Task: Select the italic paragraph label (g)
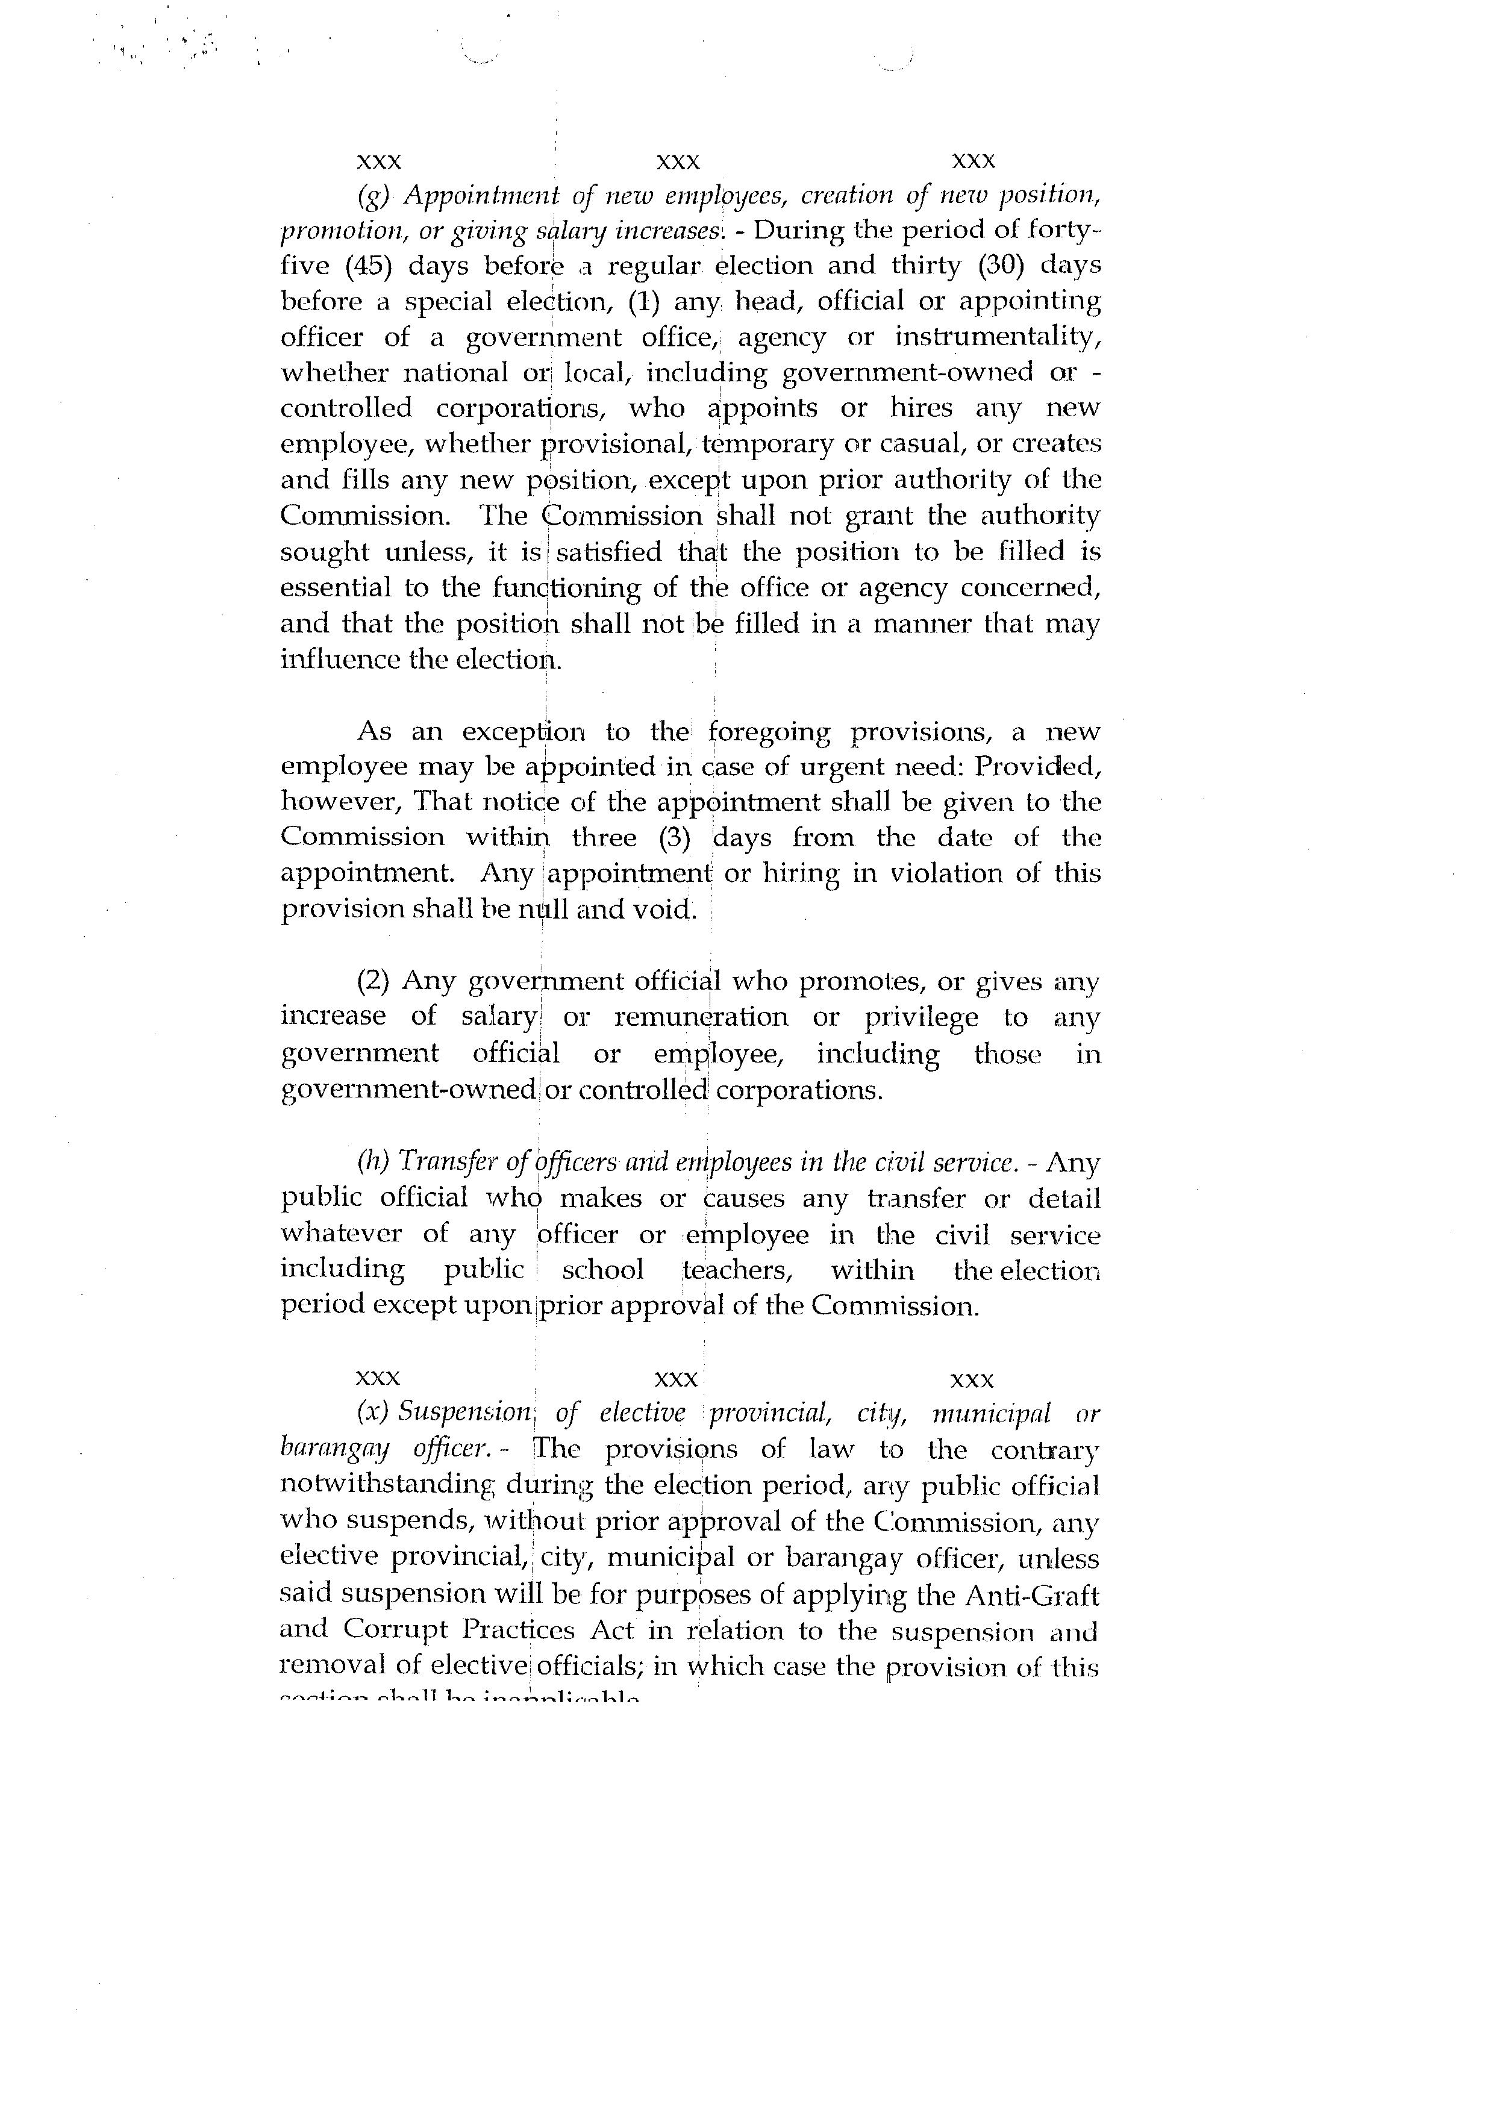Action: click(x=373, y=196)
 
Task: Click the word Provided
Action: click(x=1037, y=767)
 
